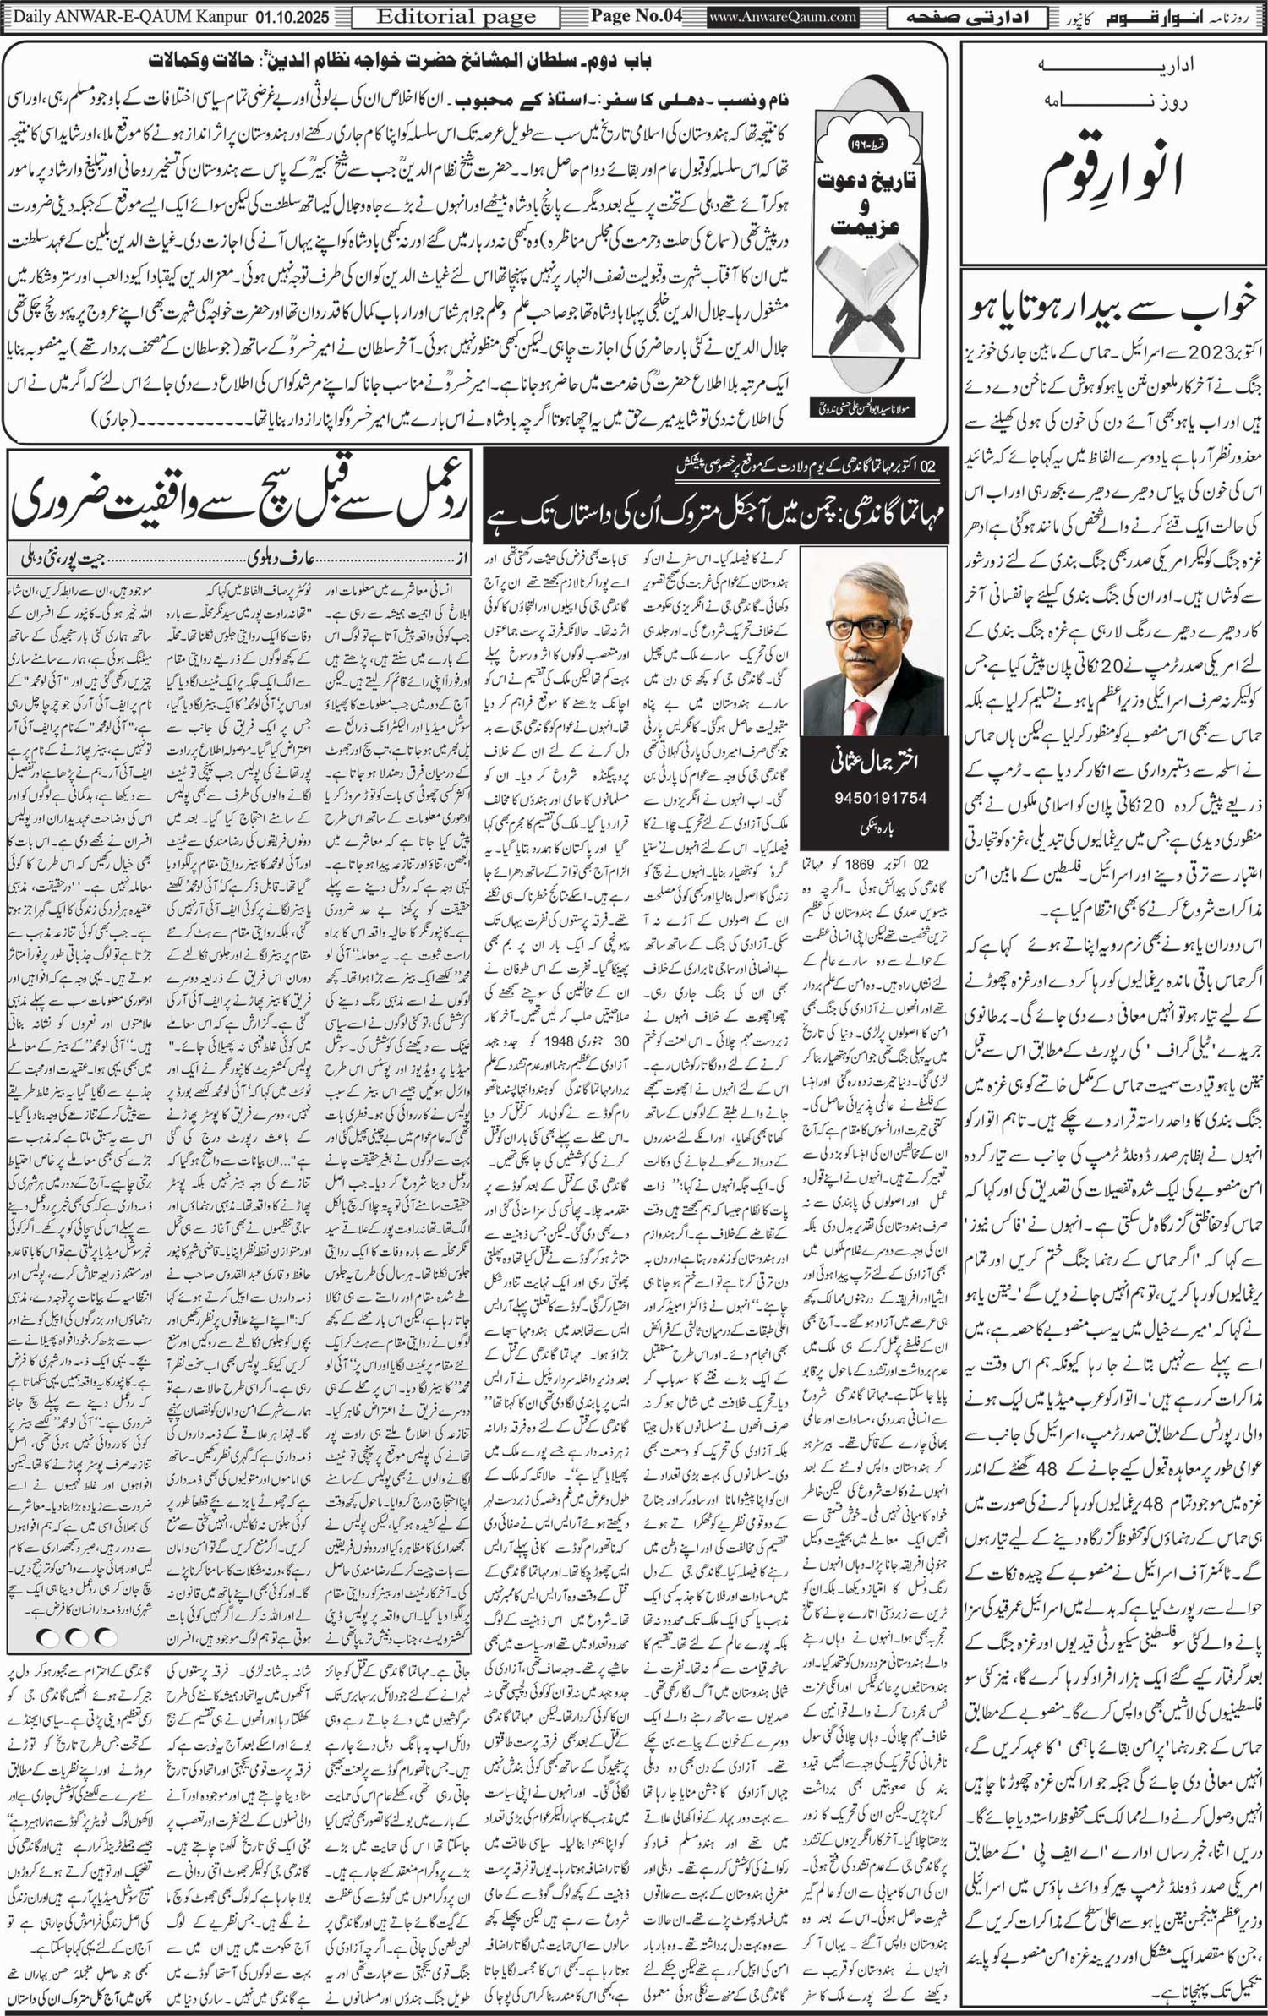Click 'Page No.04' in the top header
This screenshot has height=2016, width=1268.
tap(637, 16)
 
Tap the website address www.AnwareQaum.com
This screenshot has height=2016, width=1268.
tap(783, 17)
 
